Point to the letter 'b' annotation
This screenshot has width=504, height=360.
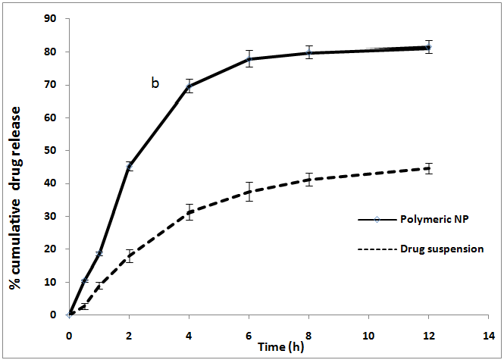coord(155,83)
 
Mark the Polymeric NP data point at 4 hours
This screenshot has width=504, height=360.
coord(189,86)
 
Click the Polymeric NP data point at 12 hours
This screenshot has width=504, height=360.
coord(429,47)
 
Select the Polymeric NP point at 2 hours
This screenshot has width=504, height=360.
coord(129,166)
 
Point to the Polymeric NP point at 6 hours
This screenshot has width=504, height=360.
coord(249,59)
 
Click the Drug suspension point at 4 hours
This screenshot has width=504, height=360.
coord(189,212)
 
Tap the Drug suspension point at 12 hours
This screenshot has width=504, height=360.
coord(429,168)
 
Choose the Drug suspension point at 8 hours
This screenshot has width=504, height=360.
coord(308,180)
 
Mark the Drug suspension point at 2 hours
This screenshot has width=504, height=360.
coord(129,255)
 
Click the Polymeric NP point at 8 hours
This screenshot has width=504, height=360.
coord(308,53)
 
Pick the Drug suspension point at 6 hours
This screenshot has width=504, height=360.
coord(249,192)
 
